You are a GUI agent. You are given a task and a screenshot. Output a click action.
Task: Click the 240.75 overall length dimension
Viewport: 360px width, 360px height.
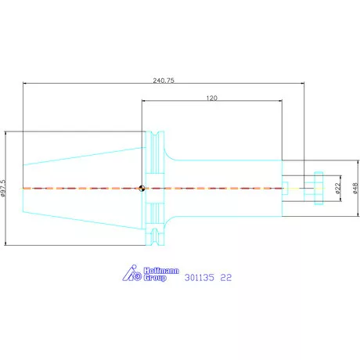164,81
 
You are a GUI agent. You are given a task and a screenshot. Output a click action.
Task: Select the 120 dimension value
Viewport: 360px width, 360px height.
211,98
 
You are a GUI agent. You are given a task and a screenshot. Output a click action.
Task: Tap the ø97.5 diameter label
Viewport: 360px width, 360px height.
3,188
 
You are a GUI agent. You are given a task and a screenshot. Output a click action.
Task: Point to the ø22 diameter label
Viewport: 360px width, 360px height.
338,188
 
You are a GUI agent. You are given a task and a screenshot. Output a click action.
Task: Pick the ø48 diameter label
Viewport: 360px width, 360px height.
355,188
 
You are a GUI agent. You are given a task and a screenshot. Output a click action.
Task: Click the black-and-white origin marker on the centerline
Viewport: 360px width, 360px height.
142,188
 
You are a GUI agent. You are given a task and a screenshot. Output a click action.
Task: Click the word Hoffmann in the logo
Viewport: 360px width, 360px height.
161,271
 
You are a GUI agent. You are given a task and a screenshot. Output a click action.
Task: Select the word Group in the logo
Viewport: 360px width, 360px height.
155,278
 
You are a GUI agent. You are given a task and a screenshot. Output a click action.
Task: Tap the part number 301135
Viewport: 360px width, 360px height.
200,278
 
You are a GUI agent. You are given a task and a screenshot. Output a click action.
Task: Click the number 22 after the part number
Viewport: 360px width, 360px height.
226,278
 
